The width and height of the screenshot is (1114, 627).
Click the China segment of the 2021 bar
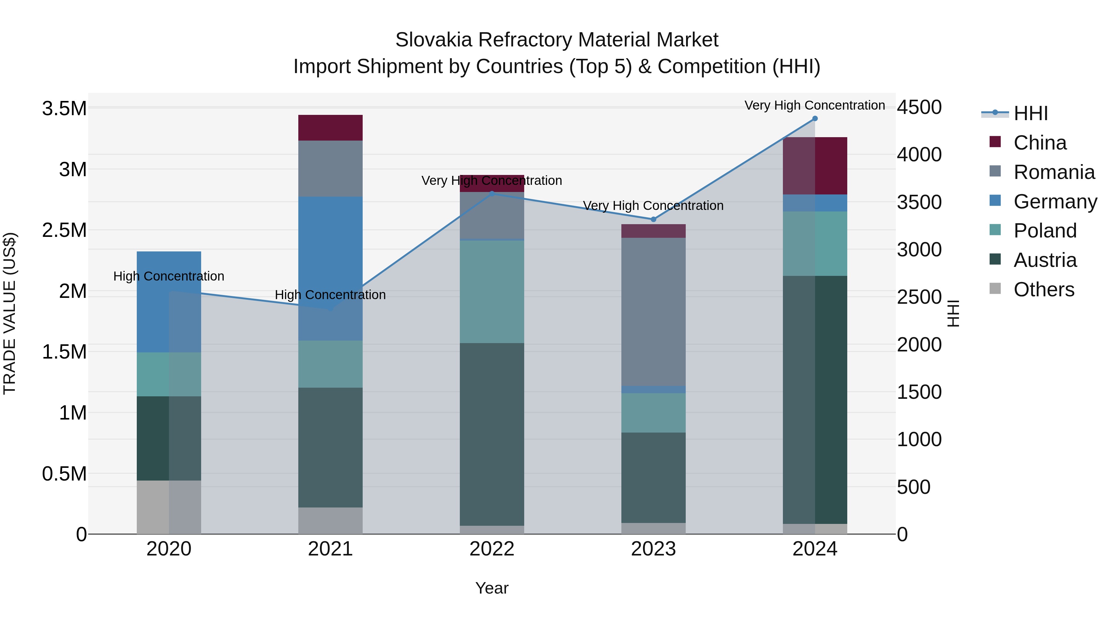point(330,128)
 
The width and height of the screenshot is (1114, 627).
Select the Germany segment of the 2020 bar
point(169,302)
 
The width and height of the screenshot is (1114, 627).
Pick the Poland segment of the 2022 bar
point(492,292)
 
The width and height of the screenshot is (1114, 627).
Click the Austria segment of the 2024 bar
point(815,399)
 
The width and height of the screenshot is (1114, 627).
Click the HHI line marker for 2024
point(815,119)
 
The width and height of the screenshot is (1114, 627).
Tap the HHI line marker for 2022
point(492,194)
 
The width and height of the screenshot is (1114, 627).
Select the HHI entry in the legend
point(1030,113)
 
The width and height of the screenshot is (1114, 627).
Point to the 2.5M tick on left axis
point(64,230)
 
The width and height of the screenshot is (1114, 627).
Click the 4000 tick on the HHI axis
point(919,155)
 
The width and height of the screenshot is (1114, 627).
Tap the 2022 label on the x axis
point(492,549)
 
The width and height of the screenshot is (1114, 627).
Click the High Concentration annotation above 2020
point(169,276)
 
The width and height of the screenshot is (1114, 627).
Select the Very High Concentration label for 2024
point(814,106)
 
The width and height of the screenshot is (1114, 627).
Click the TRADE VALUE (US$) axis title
point(10,313)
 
